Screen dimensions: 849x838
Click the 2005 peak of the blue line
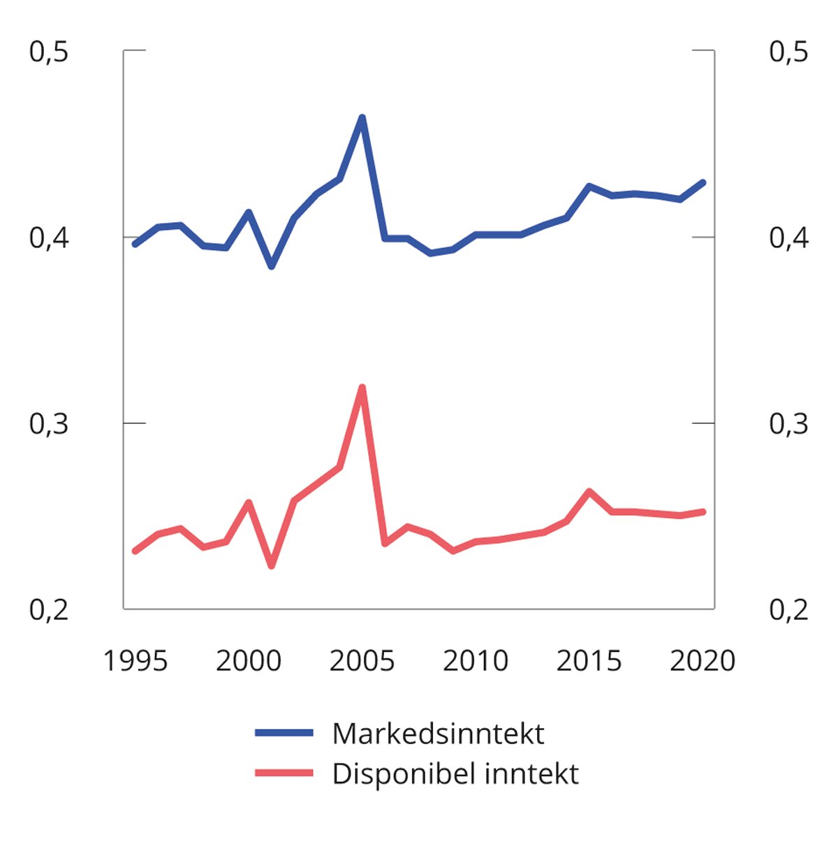click(362, 117)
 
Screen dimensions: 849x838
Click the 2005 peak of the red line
click(362, 387)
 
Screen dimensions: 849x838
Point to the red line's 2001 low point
click(272, 565)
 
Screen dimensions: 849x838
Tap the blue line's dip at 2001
click(272, 266)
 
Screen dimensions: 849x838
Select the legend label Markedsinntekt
click(438, 734)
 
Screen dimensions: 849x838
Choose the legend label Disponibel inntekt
click(455, 774)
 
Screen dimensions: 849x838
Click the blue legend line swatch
click(284, 733)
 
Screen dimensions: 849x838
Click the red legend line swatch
click(284, 773)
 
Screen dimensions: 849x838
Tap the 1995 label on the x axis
click(135, 660)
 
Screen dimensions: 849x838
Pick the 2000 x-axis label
click(249, 660)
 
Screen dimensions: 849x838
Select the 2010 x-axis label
click(476, 660)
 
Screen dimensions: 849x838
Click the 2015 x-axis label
click(589, 660)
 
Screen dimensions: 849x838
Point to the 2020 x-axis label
click(703, 660)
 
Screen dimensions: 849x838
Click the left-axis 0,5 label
click(49, 52)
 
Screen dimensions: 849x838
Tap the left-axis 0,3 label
click(49, 423)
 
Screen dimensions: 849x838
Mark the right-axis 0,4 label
click(788, 238)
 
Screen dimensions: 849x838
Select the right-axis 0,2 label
click(788, 609)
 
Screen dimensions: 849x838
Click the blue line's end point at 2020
click(703, 183)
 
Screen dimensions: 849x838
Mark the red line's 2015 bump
click(589, 491)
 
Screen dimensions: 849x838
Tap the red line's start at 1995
click(135, 551)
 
